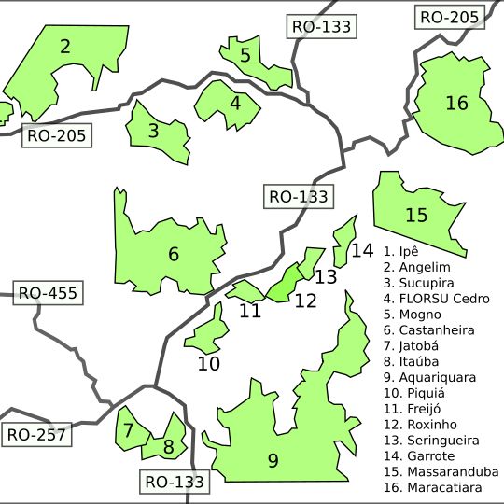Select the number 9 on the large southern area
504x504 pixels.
tap(273, 459)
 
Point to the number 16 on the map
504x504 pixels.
tap(456, 103)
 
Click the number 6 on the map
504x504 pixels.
tap(174, 254)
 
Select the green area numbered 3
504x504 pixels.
tap(157, 133)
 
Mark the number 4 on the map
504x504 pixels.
tap(235, 103)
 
